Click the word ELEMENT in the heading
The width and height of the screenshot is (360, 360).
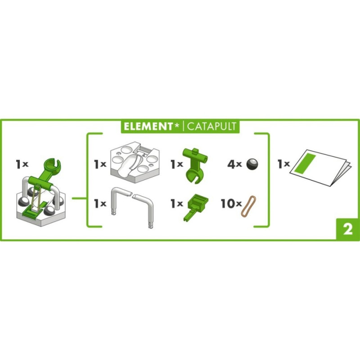pyautogui.click(x=148, y=126)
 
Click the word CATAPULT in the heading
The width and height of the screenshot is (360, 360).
pyautogui.click(x=211, y=126)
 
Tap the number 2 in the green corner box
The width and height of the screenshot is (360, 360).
pyautogui.click(x=348, y=229)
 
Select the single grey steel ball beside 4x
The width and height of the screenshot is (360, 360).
pyautogui.click(x=252, y=164)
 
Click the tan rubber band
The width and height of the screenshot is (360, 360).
pyautogui.click(x=248, y=206)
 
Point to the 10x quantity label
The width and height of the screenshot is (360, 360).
pyautogui.click(x=231, y=203)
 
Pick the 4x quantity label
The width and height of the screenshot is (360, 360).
pyautogui.click(x=234, y=164)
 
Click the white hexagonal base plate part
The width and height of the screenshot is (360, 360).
pyautogui.click(x=135, y=162)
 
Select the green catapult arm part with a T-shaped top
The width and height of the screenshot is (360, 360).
pyautogui.click(x=195, y=165)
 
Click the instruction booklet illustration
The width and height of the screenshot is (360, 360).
pyautogui.click(x=320, y=167)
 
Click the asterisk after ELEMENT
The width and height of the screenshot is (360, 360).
pyautogui.click(x=177, y=125)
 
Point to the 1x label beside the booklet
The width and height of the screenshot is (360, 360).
pyautogui.click(x=284, y=164)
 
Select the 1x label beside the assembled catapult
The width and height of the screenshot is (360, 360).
pyautogui.click(x=22, y=164)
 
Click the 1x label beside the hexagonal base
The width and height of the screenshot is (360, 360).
pyautogui.click(x=100, y=164)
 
